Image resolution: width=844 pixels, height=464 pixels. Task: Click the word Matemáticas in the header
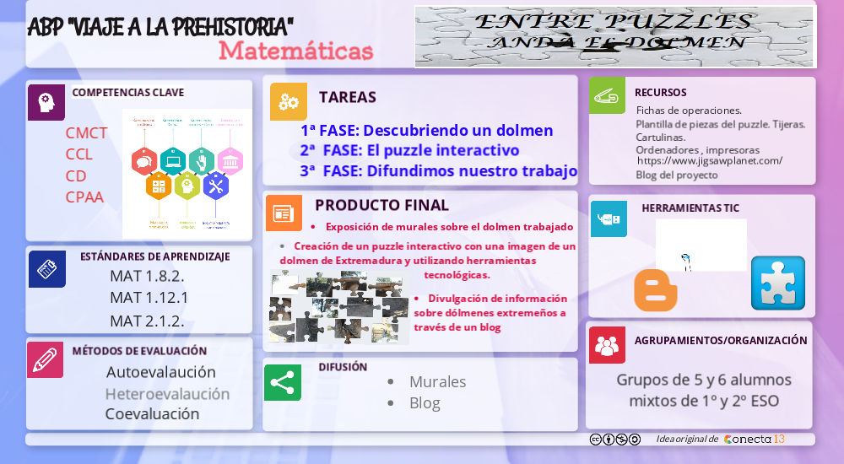(x=295, y=51)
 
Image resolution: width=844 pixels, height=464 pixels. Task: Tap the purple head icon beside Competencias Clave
(x=46, y=102)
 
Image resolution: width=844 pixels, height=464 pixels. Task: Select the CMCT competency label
(x=86, y=133)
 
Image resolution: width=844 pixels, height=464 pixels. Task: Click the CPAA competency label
(x=84, y=197)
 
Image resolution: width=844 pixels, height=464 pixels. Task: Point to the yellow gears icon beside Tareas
(x=288, y=101)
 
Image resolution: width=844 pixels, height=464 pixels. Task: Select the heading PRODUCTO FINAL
(x=381, y=205)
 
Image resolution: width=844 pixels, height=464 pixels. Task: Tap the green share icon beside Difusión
(x=282, y=382)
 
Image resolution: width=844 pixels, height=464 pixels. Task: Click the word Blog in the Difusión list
(x=425, y=403)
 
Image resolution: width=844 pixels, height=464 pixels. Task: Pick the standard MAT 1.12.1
(x=149, y=298)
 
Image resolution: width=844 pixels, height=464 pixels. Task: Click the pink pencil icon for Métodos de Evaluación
(x=45, y=359)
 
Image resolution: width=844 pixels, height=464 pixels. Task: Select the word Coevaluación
(x=152, y=414)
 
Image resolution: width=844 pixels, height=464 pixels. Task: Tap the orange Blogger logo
(x=656, y=290)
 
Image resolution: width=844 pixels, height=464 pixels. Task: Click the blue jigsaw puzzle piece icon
(x=777, y=283)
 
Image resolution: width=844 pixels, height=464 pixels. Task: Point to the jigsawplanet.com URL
(x=709, y=160)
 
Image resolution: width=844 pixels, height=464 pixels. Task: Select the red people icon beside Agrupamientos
(x=607, y=345)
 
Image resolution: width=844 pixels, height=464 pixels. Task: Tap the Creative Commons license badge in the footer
(x=614, y=440)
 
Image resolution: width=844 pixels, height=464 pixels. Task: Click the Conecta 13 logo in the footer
(x=755, y=440)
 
